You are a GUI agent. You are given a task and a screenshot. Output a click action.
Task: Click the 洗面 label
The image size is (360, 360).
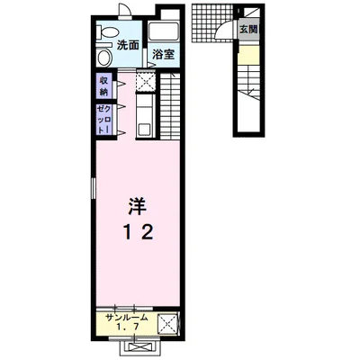click(128, 46)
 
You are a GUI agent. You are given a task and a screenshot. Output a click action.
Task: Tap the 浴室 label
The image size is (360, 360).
click(164, 54)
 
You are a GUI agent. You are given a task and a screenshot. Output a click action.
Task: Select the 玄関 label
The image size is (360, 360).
click(248, 29)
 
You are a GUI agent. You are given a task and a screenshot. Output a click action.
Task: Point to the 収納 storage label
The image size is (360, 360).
click(103, 86)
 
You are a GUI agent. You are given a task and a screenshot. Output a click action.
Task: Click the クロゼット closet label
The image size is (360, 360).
click(103, 120)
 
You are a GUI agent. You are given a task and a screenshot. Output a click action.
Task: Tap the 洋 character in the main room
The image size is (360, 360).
click(138, 206)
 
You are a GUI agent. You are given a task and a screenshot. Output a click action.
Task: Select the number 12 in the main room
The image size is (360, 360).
click(139, 232)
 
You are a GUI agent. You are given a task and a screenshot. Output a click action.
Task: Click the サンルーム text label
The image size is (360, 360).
click(127, 318)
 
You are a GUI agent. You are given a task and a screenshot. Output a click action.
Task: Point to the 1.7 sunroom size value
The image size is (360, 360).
click(128, 327)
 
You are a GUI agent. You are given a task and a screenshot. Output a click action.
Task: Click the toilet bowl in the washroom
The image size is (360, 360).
click(105, 57)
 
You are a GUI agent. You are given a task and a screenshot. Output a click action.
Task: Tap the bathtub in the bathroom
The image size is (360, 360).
click(164, 32)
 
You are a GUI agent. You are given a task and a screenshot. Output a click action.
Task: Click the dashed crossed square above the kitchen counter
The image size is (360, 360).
click(145, 80)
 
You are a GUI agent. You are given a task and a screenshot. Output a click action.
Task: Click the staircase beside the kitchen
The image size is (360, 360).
click(170, 106)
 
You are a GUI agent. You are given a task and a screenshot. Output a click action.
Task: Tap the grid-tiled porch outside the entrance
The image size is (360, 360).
click(211, 24)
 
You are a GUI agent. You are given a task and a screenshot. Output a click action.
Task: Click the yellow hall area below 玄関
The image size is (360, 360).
click(248, 54)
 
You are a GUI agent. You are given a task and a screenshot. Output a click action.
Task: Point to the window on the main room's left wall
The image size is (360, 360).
click(94, 188)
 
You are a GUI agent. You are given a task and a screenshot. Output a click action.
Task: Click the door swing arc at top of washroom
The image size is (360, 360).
click(124, 9)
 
